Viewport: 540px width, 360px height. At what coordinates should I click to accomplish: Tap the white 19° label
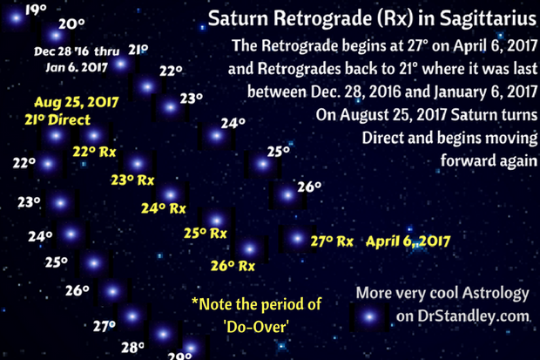click(36, 10)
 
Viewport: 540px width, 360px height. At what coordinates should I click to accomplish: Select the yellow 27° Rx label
click(332, 241)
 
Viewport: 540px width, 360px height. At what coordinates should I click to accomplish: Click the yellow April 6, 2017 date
click(408, 241)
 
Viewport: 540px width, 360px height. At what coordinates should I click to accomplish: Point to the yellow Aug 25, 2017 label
click(77, 102)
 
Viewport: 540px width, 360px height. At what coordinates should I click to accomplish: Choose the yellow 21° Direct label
click(57, 119)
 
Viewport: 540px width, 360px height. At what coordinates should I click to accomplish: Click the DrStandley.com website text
click(462, 316)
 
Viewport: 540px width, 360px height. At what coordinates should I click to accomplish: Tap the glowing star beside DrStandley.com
click(369, 316)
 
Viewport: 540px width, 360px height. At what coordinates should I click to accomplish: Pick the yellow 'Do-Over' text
click(256, 327)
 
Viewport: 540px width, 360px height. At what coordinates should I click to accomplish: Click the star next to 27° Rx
click(297, 238)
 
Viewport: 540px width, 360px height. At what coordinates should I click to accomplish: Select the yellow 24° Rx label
click(164, 208)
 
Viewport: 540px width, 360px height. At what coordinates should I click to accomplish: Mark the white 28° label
click(132, 347)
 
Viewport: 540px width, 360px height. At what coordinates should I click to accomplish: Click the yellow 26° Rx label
click(233, 266)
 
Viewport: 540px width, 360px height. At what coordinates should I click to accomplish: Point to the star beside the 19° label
click(16, 17)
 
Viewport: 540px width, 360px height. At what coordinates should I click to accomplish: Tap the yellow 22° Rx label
click(94, 152)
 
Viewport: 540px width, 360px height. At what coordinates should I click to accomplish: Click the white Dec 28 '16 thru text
click(77, 51)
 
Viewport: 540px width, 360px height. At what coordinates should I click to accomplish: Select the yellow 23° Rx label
click(132, 180)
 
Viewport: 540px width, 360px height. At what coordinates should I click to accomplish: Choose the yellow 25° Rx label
click(206, 234)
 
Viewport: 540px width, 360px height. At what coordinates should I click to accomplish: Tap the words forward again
click(489, 160)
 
